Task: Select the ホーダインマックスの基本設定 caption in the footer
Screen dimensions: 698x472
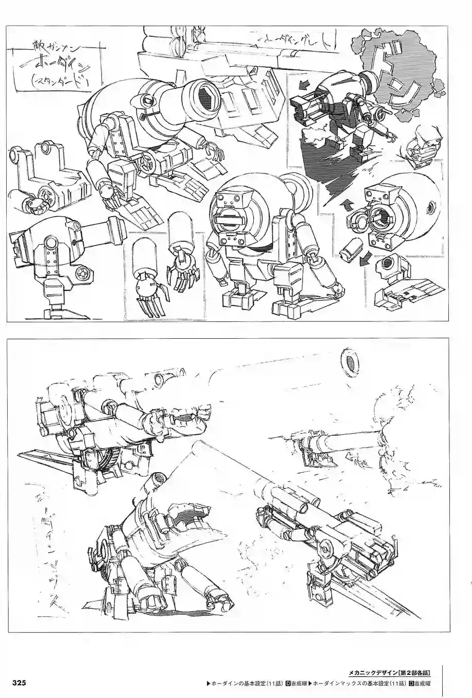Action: tap(355, 683)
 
